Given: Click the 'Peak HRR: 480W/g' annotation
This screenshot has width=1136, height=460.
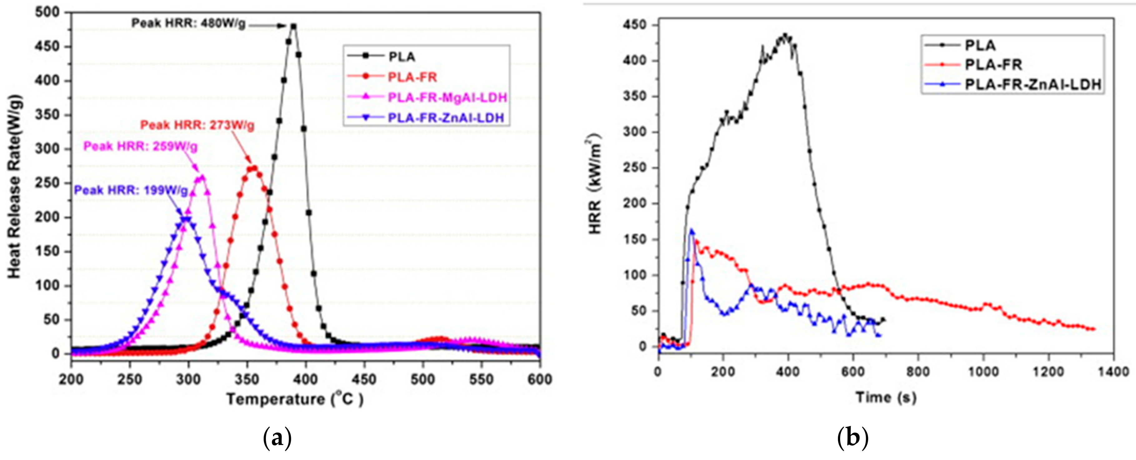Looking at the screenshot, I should tap(189, 23).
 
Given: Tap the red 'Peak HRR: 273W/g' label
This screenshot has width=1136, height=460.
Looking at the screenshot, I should tap(197, 126).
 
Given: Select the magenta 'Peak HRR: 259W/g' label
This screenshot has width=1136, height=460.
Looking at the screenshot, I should tap(140, 147).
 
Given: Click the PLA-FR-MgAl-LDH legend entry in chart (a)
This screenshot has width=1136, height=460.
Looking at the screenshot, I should tap(447, 97).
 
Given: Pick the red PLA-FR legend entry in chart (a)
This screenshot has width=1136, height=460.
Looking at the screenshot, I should tap(412, 77).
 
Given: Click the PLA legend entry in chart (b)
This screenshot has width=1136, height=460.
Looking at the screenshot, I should tap(980, 45).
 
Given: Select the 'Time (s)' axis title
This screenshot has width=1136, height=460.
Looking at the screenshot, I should tap(886, 397).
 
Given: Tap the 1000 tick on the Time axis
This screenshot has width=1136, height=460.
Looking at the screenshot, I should tap(984, 372).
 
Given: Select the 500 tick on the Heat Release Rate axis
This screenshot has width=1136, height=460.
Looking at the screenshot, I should tap(47, 12).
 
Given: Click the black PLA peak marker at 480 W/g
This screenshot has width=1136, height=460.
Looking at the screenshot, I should tap(294, 26).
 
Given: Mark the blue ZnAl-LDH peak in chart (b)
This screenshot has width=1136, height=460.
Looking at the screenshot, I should tap(691, 230).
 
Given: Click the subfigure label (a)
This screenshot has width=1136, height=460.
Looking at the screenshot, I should tap(277, 438).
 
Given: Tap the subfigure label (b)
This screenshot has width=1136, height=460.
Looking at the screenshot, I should tap(852, 438).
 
